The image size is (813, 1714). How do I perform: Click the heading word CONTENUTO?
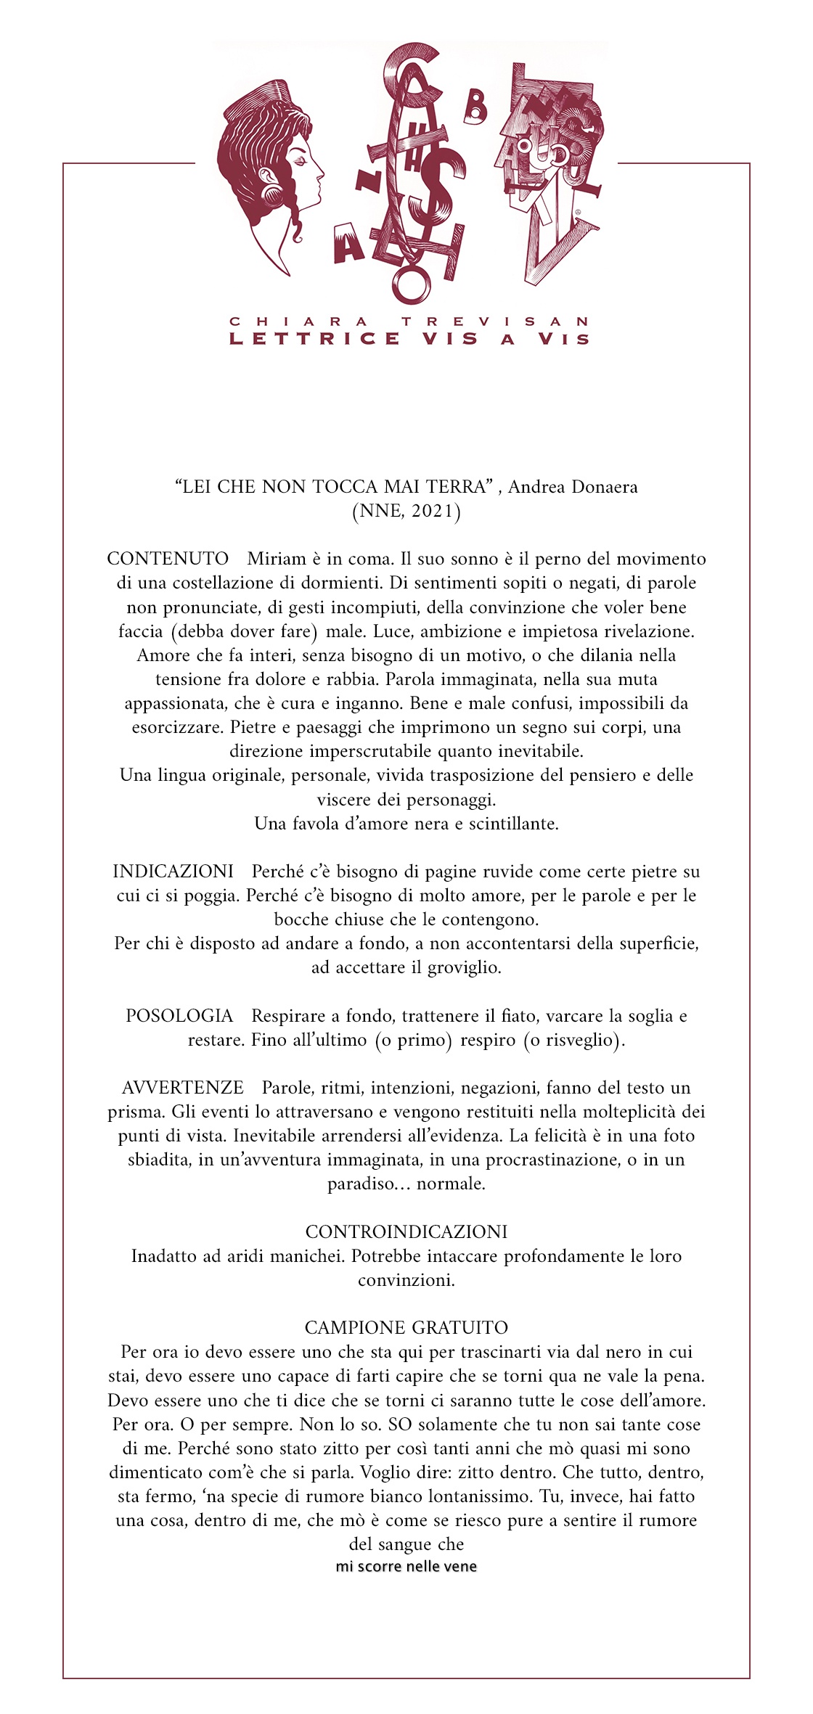[x=168, y=559]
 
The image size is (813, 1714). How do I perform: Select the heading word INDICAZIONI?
[x=173, y=871]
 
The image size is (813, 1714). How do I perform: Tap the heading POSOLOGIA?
[x=179, y=1015]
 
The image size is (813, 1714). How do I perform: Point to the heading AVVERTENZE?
[x=183, y=1087]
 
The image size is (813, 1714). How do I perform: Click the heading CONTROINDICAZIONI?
[x=406, y=1231]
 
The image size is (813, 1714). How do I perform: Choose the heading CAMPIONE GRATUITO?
[x=406, y=1327]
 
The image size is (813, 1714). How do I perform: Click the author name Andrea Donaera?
[x=572, y=487]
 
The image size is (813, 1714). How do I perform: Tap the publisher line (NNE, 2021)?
[x=406, y=511]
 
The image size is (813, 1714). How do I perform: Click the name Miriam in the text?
[x=274, y=559]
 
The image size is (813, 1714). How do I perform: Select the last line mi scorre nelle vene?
[x=406, y=1566]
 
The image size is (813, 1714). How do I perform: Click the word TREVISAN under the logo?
[x=495, y=321]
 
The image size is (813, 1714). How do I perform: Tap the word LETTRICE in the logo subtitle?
[x=314, y=339]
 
